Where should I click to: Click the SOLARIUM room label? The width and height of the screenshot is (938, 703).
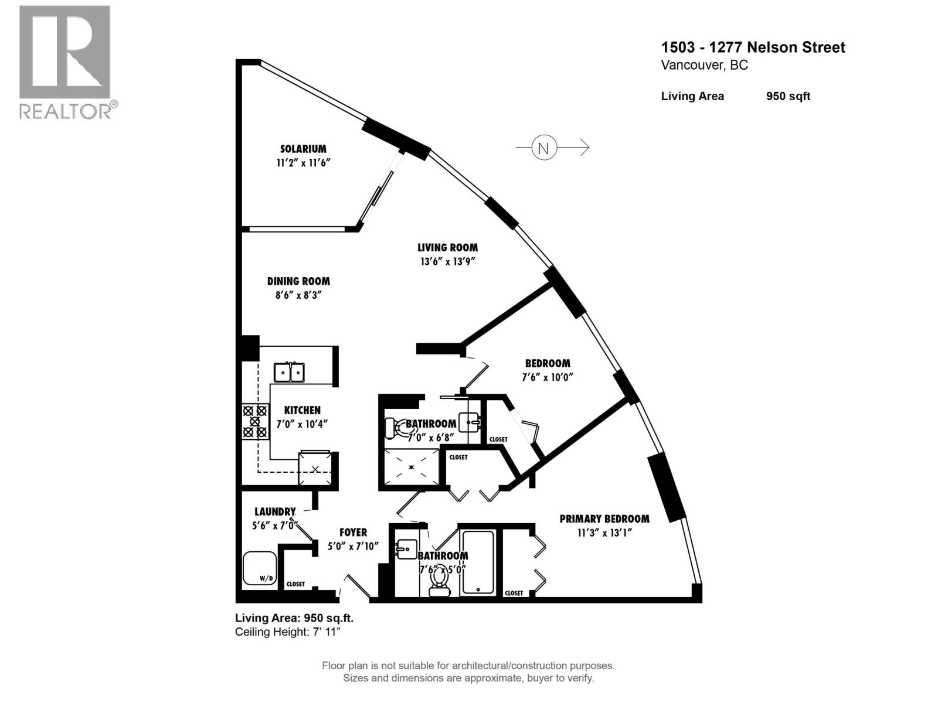303,149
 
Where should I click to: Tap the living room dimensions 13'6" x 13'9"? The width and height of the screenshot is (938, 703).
447,262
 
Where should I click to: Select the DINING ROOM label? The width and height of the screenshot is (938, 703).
298,281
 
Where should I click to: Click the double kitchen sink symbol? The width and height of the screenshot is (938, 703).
289,372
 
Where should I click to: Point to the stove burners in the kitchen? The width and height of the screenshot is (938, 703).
254,421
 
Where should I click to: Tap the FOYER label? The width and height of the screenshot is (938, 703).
353,533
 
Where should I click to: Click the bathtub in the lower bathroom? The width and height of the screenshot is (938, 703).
478,562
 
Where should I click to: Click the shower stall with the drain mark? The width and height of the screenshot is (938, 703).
411,467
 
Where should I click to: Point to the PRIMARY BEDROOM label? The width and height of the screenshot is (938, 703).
604,519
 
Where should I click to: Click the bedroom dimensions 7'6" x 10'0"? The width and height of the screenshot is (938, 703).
547,377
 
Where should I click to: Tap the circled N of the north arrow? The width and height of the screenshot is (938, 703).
543,148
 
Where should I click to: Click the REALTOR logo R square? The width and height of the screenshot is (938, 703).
64,52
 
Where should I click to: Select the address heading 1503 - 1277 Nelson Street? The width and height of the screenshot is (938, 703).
753,47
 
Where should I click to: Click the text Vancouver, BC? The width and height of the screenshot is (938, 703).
704,65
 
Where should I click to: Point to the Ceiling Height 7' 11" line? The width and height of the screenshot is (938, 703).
287,632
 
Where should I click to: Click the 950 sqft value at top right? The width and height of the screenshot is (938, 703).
787,96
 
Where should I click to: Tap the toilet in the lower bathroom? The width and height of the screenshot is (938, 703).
439,582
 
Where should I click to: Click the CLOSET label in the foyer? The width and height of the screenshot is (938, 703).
295,584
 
